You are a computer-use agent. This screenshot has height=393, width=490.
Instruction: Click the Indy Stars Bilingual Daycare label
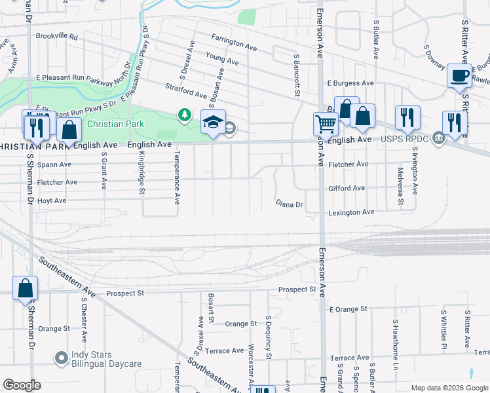106,358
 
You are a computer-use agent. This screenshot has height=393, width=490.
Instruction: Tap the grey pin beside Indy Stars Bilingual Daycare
62,358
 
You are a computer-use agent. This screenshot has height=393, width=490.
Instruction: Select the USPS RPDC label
411,138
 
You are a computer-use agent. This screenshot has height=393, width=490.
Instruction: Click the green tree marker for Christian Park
185,116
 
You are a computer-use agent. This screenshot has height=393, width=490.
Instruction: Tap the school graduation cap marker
213,122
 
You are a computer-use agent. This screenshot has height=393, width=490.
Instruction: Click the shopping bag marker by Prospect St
25,288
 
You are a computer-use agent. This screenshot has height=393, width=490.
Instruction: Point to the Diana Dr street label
288,204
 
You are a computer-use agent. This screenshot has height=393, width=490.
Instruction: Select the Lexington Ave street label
350,212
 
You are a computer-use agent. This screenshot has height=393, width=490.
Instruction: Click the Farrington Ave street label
234,47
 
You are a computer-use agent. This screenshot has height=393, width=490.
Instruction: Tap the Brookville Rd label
57,37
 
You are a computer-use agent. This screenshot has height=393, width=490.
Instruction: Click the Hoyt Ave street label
52,200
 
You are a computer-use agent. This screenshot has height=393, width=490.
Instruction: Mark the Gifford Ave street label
347,188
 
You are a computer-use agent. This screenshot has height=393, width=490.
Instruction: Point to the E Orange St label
348,309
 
